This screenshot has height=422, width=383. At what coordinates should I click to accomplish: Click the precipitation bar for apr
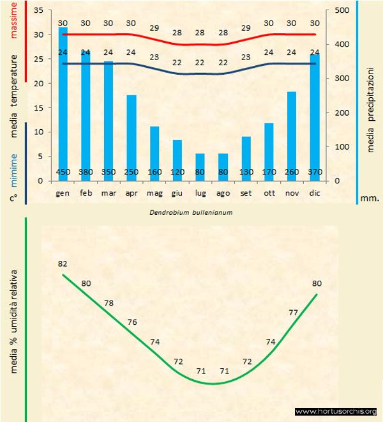click(131, 137)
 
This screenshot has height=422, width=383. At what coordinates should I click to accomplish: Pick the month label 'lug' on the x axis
click(200, 192)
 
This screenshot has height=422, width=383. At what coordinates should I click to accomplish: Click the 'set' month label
click(246, 192)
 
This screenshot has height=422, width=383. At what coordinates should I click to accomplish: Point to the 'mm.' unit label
click(370, 198)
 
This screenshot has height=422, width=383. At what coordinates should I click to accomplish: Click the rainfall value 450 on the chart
click(63, 172)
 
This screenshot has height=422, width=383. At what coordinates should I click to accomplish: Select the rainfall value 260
click(291, 172)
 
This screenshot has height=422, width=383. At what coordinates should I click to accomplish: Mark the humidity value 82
click(63, 263)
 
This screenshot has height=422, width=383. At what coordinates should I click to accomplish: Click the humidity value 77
click(294, 313)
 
